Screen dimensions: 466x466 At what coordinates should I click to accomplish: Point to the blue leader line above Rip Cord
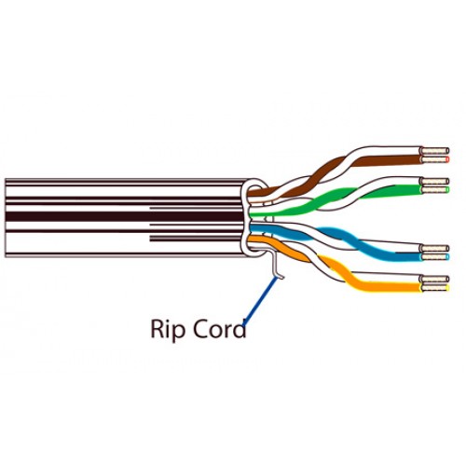coord(260,301)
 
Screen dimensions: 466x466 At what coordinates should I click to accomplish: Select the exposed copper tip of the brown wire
coord(436,159)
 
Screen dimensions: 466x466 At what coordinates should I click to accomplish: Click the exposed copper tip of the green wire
coord(434,189)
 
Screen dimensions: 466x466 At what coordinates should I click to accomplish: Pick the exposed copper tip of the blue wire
coord(434,256)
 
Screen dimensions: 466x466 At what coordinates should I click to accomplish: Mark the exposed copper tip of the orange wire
coord(436,288)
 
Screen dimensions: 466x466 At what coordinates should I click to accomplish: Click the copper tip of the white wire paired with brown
coord(435,151)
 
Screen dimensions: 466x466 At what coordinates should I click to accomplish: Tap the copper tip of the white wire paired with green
coord(434,181)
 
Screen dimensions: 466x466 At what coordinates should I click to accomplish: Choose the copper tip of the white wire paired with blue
coord(434,249)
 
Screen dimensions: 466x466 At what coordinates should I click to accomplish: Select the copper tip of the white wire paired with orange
coord(435,279)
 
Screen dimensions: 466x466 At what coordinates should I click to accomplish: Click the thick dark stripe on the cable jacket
coord(124,216)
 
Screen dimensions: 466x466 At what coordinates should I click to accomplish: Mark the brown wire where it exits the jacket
coord(259,192)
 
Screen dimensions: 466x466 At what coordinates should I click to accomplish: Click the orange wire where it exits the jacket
coord(258,240)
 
